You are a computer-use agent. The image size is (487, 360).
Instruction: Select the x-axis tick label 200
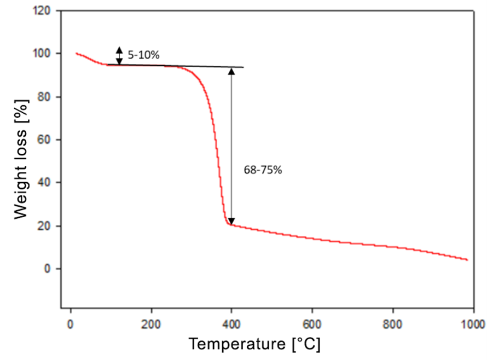(x=151, y=323)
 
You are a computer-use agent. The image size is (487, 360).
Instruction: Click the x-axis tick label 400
(x=231, y=323)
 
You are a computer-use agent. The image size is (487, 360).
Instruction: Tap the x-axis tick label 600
(x=312, y=323)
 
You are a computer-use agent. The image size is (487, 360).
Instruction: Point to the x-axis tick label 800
(x=392, y=323)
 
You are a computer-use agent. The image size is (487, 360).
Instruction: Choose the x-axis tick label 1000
(x=472, y=323)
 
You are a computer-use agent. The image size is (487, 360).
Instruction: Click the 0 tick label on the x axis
(x=71, y=323)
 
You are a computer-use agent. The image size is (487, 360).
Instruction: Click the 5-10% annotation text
(x=144, y=55)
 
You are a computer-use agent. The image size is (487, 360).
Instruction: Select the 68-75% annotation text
(x=263, y=170)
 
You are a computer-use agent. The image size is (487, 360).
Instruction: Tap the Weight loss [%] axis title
(x=21, y=158)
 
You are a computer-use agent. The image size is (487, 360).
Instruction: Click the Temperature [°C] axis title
(x=254, y=345)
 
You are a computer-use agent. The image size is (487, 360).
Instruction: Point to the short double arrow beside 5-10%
(x=119, y=55)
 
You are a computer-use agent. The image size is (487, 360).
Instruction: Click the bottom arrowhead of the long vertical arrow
(x=231, y=221)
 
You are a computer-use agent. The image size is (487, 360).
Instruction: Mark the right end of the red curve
(x=468, y=260)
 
